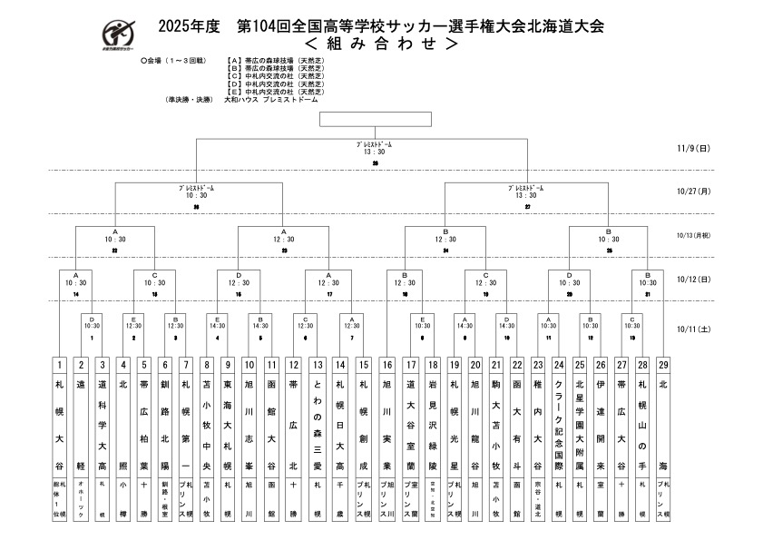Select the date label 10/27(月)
692,191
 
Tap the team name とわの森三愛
318,427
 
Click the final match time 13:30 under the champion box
375,152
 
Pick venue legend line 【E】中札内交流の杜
277,93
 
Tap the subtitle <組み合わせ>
380,42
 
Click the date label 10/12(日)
692,280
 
